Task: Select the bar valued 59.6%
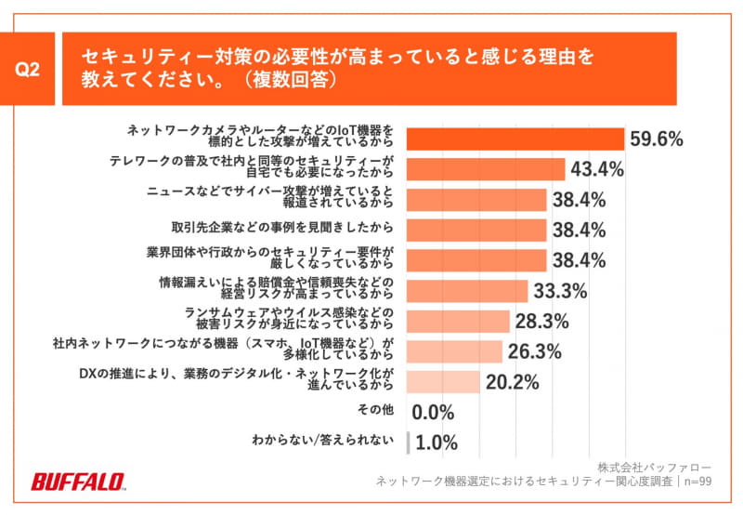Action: coord(515,139)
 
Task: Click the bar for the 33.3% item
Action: coord(467,290)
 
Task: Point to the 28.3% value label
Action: coord(541,321)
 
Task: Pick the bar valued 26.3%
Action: coord(454,351)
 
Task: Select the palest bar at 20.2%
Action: coord(443,381)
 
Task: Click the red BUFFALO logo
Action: coord(78,482)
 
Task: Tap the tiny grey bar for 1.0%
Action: coord(408,442)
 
